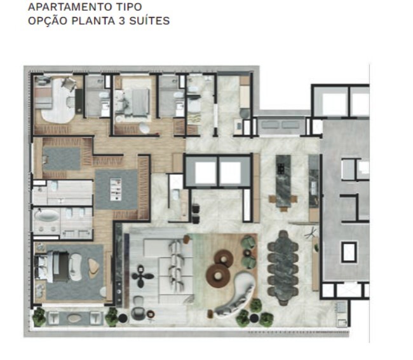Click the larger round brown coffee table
click(x=218, y=275)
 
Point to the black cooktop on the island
click(x=280, y=169)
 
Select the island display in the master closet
click(x=116, y=189)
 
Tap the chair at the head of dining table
click(x=282, y=237)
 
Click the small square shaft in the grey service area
click(x=348, y=252)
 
